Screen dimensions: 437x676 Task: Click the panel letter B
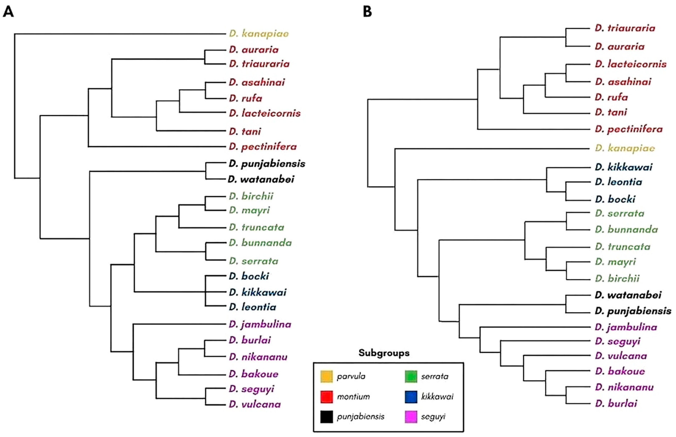click(367, 12)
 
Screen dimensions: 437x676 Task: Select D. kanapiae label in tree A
click(259, 34)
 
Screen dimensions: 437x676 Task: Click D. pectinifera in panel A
click(263, 147)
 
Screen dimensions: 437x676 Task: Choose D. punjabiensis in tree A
click(267, 164)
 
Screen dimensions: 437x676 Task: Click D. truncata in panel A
click(256, 227)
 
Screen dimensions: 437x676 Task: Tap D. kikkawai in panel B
click(623, 167)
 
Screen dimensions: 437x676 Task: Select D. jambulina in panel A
click(260, 324)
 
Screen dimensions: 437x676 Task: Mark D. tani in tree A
click(245, 131)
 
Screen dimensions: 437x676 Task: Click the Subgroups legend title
click(384, 353)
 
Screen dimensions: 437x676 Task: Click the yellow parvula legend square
click(327, 376)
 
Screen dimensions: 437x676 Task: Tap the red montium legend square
click(327, 397)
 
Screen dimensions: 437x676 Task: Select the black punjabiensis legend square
click(327, 417)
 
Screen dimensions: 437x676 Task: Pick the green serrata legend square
click(411, 376)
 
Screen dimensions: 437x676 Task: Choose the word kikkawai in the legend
click(437, 397)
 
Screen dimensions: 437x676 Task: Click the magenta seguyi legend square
click(411, 417)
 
